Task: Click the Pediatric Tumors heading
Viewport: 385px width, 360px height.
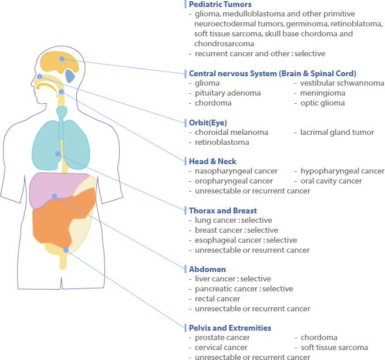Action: pos(220,5)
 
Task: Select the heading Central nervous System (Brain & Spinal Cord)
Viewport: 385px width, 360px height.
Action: pos(272,73)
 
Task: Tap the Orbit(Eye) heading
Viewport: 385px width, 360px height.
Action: pos(208,123)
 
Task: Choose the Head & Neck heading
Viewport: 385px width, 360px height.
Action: pos(212,161)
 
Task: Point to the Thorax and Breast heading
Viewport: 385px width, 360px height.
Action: pos(223,210)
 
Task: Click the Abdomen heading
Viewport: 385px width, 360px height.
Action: pos(208,269)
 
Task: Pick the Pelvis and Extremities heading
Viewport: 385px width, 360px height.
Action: pos(230,328)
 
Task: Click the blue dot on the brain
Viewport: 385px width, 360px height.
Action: pos(62,59)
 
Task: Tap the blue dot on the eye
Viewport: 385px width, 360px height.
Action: pos(39,76)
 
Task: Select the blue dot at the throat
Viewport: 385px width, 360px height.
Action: pos(62,91)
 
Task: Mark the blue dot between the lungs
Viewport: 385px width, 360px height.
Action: pos(58,154)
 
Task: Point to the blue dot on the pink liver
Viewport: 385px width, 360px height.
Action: pos(54,196)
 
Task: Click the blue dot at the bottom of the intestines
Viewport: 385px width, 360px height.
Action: pos(66,250)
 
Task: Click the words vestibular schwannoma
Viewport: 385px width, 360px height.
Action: pos(342,83)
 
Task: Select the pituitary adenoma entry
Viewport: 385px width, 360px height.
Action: pos(228,93)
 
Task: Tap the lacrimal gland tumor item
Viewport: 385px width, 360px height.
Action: pos(337,133)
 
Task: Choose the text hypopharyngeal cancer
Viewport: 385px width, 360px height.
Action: pos(343,171)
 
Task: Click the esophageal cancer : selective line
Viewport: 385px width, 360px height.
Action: pos(246,240)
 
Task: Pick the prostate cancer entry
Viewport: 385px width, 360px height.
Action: pos(222,338)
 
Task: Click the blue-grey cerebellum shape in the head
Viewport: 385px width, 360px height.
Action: pos(70,76)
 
